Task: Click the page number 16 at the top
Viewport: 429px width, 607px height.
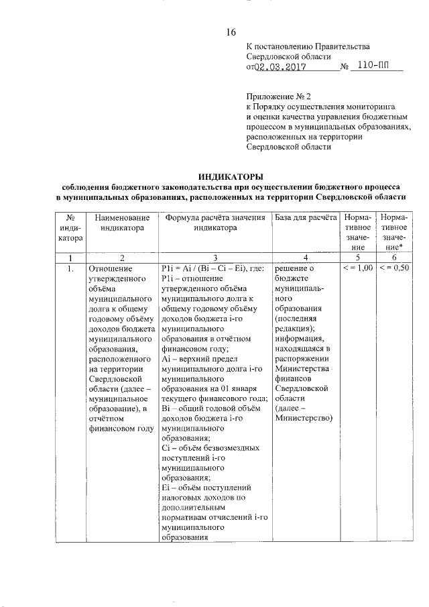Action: coord(231,32)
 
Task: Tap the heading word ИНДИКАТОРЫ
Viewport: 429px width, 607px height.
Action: coord(231,176)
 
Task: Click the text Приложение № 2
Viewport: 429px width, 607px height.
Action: coord(275,96)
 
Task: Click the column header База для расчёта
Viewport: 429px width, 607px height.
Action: coord(305,219)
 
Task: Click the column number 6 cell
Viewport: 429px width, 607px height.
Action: coord(394,258)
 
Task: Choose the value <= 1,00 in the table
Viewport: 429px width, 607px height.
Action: coord(358,268)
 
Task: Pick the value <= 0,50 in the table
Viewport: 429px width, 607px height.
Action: coord(394,268)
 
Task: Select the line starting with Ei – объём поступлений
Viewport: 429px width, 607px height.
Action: coord(206,488)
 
